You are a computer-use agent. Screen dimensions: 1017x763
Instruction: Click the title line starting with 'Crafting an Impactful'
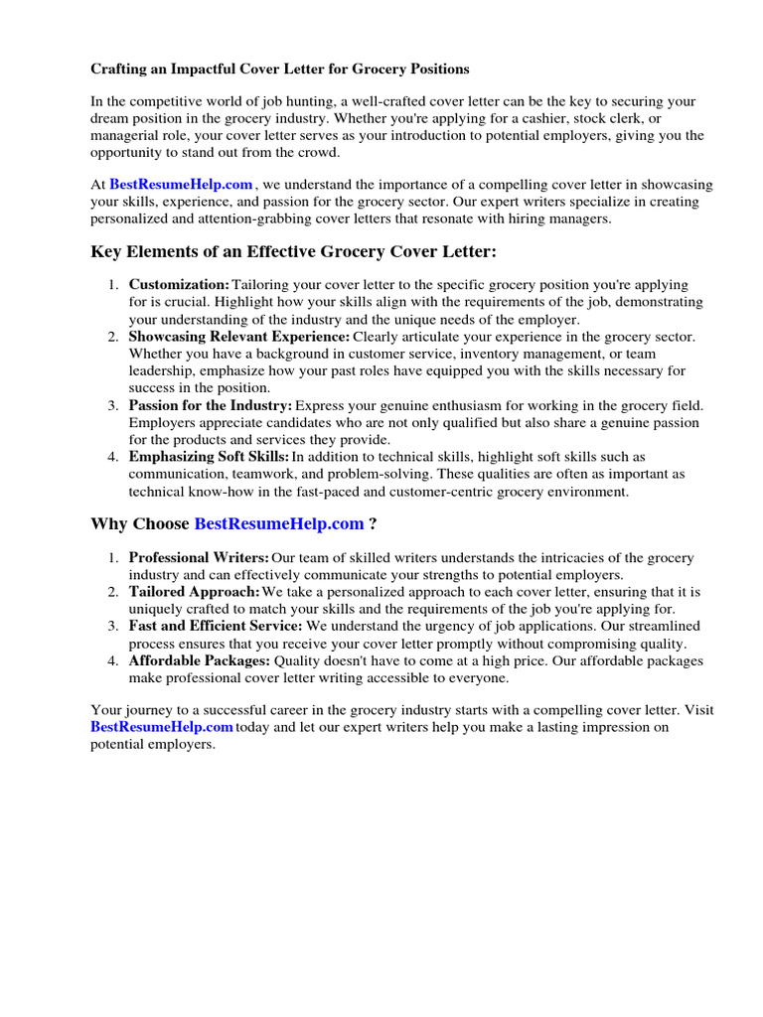tap(280, 70)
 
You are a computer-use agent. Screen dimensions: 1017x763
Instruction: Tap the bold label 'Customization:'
tap(179, 285)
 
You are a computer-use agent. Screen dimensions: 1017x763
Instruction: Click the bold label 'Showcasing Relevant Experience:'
tap(238, 337)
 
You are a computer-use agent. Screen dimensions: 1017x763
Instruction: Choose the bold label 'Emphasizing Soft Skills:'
tap(209, 457)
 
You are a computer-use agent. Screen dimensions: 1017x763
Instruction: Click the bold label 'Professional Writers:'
tap(199, 558)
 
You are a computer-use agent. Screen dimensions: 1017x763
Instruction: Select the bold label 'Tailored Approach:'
tap(194, 592)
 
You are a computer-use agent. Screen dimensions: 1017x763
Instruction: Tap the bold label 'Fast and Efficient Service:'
tap(216, 626)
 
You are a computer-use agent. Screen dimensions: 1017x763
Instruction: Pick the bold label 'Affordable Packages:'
tap(200, 660)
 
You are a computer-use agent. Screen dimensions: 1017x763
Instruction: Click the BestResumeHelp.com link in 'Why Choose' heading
tap(279, 524)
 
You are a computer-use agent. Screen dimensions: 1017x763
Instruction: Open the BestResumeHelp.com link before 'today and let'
tap(162, 727)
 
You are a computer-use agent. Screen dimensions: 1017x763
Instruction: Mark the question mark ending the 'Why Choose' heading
tap(373, 524)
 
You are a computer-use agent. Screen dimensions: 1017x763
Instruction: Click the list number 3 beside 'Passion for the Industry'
tap(113, 405)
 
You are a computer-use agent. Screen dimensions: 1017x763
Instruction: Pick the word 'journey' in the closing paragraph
tap(146, 710)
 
